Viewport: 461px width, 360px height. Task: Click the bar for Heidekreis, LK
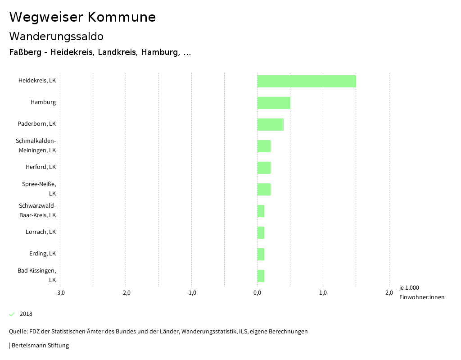[x=307, y=81]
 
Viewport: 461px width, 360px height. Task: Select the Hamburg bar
[x=274, y=103]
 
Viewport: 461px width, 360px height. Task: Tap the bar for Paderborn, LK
[x=270, y=124]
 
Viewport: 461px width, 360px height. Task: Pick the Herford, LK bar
[x=264, y=168]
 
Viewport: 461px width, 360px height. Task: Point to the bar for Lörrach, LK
[x=261, y=232]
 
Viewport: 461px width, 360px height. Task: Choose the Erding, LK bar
[x=261, y=254]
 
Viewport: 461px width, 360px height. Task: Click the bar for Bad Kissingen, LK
[x=261, y=276]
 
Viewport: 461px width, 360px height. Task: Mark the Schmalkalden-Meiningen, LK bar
[x=264, y=146]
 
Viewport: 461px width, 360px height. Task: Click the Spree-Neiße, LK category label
[x=39, y=189]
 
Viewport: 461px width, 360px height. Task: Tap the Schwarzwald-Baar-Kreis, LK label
[x=37, y=210]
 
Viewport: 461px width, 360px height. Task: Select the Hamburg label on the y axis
[x=43, y=102]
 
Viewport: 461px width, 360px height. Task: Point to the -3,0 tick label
[x=60, y=293]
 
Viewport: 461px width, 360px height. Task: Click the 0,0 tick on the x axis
[x=257, y=293]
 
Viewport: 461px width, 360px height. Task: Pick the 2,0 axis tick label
[x=389, y=293]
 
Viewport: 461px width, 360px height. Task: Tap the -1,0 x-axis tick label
[x=191, y=293]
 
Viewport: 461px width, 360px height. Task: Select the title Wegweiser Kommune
[x=82, y=17]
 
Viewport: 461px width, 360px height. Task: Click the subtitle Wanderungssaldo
[x=56, y=36]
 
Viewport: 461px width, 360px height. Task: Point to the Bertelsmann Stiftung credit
[x=40, y=346]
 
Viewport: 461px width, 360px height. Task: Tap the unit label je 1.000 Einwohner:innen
[x=421, y=292]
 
